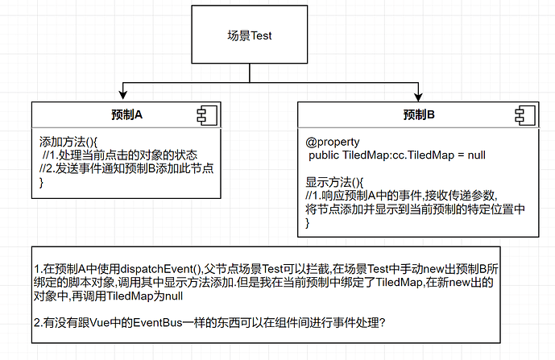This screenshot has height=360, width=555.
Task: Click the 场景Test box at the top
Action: coord(252,36)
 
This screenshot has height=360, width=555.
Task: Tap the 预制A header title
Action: coord(126,114)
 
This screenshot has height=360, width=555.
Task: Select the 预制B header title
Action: coord(419,114)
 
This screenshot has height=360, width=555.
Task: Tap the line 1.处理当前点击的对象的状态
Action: coord(120,154)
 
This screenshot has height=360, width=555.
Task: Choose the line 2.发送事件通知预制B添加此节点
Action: coord(131,168)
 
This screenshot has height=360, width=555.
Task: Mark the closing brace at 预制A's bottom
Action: coord(42,183)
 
